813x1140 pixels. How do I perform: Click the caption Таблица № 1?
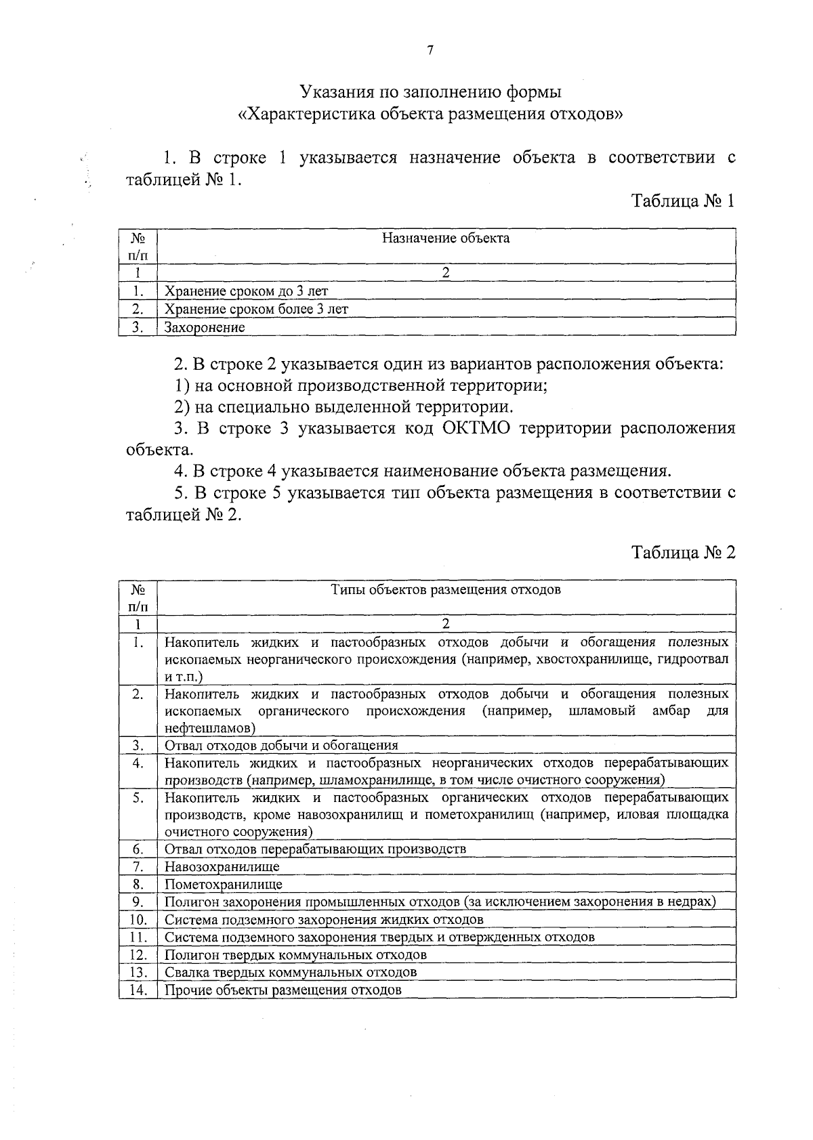click(683, 201)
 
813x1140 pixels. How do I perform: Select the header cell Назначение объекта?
click(446, 238)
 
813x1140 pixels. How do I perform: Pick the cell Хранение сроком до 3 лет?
click(247, 292)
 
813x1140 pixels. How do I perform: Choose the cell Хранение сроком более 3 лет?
click(257, 310)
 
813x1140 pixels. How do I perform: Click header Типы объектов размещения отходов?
click(446, 589)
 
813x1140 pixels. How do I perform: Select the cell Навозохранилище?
click(222, 867)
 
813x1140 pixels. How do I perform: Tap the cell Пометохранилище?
click(224, 885)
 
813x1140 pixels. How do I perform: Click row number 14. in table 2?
click(138, 990)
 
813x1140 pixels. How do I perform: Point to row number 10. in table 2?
click(138, 920)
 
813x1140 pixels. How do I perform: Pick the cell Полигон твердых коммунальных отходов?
click(296, 955)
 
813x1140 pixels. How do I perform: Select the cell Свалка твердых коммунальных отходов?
click(291, 973)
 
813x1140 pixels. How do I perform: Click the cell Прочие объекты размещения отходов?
click(283, 990)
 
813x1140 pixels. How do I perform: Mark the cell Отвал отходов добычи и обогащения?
click(281, 746)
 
